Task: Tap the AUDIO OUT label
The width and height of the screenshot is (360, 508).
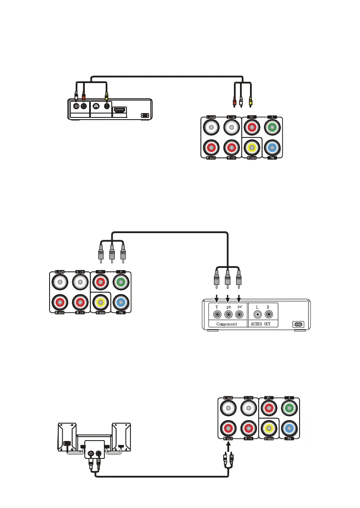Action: pos(263,324)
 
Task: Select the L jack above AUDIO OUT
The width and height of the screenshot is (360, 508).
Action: pos(258,314)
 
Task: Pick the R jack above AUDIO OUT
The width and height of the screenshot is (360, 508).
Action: pos(269,314)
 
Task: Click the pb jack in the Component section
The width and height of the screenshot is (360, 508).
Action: pos(227,314)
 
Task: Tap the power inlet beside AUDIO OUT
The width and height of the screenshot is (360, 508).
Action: pos(299,324)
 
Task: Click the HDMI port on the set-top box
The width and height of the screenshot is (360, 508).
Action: pos(120,110)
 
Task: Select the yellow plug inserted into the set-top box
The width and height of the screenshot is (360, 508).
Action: pos(107,93)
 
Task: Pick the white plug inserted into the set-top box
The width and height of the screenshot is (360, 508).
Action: pos(77,94)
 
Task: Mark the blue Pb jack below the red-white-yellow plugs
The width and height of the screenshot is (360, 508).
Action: pos(272,148)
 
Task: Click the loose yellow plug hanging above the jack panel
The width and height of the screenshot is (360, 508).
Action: pos(250,103)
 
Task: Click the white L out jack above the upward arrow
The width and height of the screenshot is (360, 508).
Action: pos(228,408)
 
